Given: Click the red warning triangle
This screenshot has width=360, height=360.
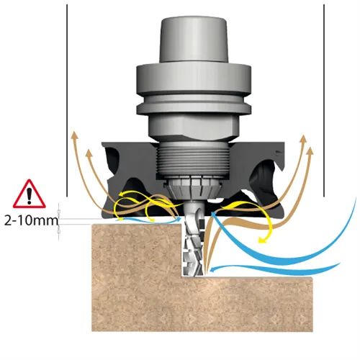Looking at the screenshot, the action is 30,195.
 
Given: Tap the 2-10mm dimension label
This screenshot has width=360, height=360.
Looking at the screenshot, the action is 31,220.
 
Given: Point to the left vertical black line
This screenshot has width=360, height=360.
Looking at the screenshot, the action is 67,100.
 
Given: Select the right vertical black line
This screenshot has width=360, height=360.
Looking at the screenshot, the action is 324,100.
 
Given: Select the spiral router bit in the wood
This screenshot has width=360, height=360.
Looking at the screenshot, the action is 194,240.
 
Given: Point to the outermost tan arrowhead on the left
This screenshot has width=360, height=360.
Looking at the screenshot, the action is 75,135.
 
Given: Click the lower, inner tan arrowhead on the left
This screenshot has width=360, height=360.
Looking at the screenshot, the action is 89,153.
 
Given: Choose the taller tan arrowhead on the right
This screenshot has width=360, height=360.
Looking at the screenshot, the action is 304,139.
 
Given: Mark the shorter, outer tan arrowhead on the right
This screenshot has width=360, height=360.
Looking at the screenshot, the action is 310,152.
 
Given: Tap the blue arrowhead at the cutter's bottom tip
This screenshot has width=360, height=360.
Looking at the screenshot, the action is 212,270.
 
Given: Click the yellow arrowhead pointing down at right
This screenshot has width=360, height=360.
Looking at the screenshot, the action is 262,240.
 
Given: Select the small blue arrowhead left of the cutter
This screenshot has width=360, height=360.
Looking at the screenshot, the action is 178,219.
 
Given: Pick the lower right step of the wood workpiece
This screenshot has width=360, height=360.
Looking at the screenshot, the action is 259,304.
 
